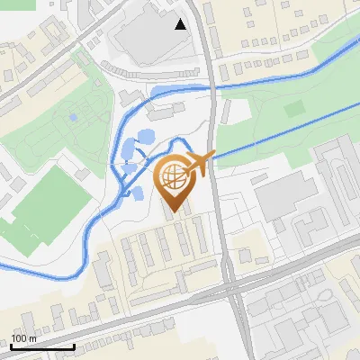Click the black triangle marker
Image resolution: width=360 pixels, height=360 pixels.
tap(181, 24)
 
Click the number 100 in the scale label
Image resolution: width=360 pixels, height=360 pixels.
tap(20, 338)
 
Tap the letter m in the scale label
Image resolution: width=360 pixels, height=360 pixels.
tap(33, 338)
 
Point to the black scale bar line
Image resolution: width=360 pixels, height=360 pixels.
tap(42, 347)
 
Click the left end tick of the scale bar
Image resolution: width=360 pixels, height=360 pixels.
tap(12, 346)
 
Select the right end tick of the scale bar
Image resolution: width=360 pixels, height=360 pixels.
tap(74, 346)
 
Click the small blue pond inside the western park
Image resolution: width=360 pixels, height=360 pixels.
tap(73, 117)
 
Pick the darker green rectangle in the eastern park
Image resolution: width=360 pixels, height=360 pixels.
tap(295, 109)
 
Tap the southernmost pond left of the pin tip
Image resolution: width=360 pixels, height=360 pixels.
tap(139, 193)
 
